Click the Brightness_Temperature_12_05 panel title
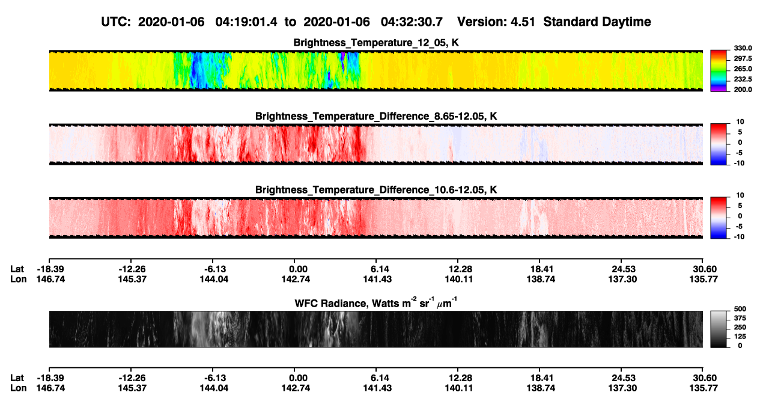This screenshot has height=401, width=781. (376, 43)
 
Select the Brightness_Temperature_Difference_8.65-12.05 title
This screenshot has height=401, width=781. (376, 116)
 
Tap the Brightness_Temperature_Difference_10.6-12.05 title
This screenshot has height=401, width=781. (376, 190)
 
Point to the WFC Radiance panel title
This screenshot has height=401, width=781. (376, 303)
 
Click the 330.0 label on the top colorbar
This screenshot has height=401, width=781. (743, 48)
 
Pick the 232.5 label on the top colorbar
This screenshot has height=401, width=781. (743, 79)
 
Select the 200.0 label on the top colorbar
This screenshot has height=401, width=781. (743, 90)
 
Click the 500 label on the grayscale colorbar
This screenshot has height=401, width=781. (740, 309)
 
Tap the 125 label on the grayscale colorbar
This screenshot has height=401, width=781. (740, 337)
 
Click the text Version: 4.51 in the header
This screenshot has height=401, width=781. (496, 22)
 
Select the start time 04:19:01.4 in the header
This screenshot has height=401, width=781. (246, 22)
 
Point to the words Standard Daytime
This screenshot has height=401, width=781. (597, 22)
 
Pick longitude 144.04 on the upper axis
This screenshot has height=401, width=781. (214, 279)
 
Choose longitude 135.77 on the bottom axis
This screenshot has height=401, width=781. (704, 388)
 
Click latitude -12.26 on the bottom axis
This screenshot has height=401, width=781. (132, 378)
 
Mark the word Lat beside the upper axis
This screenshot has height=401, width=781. (17, 269)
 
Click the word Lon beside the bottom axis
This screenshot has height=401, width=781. (18, 388)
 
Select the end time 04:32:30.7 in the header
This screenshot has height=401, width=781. (412, 22)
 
